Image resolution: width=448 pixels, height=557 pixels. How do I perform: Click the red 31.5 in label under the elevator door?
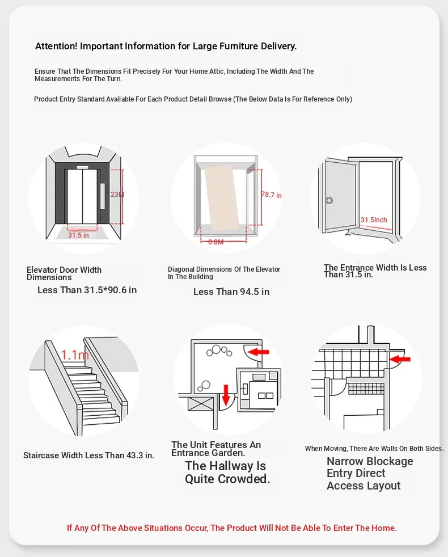coord(78,235)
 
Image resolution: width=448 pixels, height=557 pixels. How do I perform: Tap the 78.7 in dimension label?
coord(271,195)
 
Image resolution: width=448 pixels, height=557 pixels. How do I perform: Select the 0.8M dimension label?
coord(216,242)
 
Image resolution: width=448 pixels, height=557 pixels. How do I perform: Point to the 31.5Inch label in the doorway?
coord(374,220)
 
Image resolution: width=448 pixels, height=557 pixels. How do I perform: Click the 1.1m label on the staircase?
coord(75,355)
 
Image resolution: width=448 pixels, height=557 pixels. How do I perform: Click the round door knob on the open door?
coord(329,200)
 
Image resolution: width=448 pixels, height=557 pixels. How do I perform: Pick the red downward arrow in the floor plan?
coord(225,394)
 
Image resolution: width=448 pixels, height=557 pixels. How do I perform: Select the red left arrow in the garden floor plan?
coord(259,352)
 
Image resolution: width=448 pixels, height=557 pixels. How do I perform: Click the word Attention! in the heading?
coord(56,47)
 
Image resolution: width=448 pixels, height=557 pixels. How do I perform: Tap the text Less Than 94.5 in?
coord(231,292)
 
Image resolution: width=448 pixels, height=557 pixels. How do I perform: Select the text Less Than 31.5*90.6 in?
coord(87,290)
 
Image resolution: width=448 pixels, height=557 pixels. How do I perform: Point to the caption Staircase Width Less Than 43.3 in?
coord(88,455)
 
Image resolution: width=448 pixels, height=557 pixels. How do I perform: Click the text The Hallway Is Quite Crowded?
coord(227,472)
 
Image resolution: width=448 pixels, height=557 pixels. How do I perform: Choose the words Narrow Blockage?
coord(370,461)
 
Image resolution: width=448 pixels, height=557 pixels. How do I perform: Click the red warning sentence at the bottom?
coord(232,528)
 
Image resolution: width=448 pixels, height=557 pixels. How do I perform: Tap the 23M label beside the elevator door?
coord(117,195)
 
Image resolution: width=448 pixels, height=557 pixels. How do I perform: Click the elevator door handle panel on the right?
coord(103,196)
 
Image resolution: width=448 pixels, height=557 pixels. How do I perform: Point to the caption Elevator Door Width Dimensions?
coord(64,273)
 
